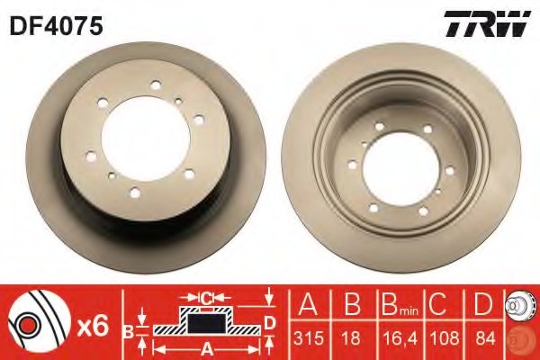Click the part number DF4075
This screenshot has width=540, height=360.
[57, 26]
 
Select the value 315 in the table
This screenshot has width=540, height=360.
[309, 338]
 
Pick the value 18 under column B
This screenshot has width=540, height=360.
[351, 338]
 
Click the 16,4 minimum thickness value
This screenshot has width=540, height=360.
[400, 338]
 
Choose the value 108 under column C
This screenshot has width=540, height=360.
[445, 338]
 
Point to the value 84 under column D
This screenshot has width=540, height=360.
[485, 338]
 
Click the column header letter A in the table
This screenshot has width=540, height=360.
[308, 304]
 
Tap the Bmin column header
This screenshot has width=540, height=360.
[400, 304]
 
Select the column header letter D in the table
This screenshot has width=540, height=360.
[484, 304]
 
